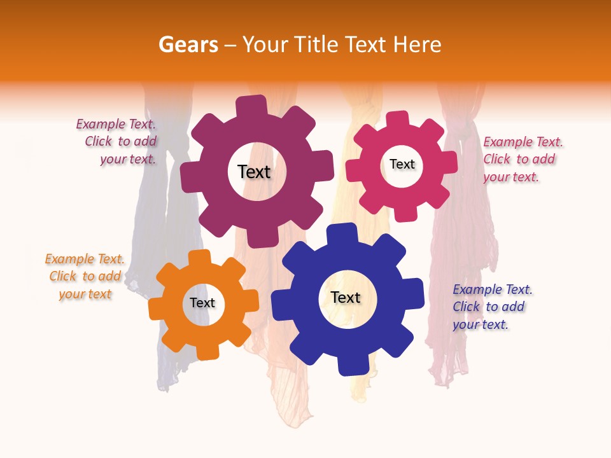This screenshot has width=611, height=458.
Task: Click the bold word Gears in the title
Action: pos(188,45)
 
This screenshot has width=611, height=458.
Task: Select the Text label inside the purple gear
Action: pos(254,172)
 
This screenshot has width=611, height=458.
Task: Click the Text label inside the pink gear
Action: pos(402,164)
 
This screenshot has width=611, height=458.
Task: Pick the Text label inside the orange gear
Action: pos(202,303)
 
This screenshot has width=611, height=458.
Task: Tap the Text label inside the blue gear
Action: pos(346,297)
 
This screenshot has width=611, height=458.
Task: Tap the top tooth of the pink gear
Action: pos(398,119)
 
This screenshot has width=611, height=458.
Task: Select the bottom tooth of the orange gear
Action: pos(207,350)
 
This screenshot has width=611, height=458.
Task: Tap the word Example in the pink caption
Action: pos(506,142)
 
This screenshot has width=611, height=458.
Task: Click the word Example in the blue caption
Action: pos(476,289)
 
